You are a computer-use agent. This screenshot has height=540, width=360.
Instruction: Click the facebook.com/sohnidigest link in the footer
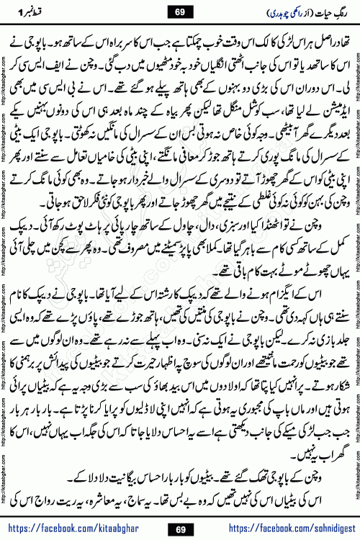(x=284, y=529)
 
